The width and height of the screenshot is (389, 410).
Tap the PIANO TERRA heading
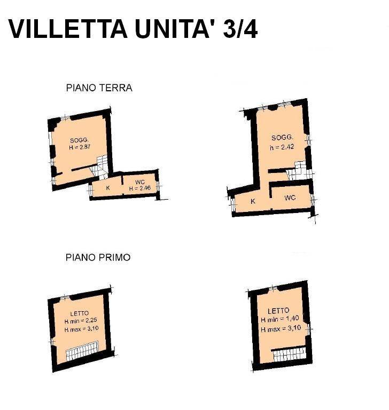coord(99,88)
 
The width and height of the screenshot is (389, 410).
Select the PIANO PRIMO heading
coord(98,257)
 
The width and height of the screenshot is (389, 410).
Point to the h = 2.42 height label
coord(282,147)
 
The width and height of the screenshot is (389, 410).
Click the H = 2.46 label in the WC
coord(140,188)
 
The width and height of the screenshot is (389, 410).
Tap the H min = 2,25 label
coord(80,321)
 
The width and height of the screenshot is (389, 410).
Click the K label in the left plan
coord(108,188)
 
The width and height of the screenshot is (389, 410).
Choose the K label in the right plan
coord(253,201)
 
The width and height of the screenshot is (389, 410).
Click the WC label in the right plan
coord(290,198)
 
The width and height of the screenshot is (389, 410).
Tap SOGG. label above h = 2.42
coord(282,138)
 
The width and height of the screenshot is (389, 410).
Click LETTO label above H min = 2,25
coord(80,313)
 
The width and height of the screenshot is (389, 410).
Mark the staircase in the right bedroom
coord(289,354)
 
